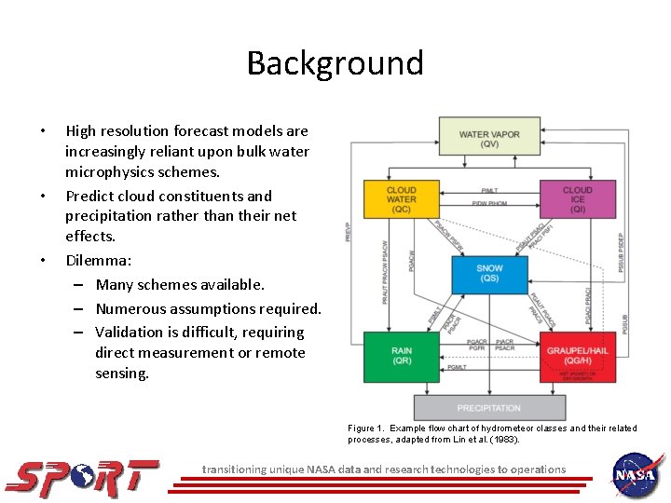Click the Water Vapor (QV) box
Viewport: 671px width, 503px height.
point(489,140)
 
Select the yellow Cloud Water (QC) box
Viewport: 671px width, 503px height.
point(401,199)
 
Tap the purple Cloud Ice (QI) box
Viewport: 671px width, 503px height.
point(577,199)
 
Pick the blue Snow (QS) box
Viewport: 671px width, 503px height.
point(489,273)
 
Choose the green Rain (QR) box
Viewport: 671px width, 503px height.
point(401,356)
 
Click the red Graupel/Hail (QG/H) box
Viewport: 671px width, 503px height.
point(577,356)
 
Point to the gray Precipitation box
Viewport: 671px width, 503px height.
point(489,408)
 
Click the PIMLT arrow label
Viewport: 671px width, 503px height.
point(488,190)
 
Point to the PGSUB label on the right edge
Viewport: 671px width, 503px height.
point(625,322)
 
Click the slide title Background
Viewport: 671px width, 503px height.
point(335,63)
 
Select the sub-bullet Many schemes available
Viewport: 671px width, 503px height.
point(180,285)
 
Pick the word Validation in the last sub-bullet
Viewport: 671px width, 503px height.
point(130,332)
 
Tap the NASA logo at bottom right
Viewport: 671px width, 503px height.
point(637,475)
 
